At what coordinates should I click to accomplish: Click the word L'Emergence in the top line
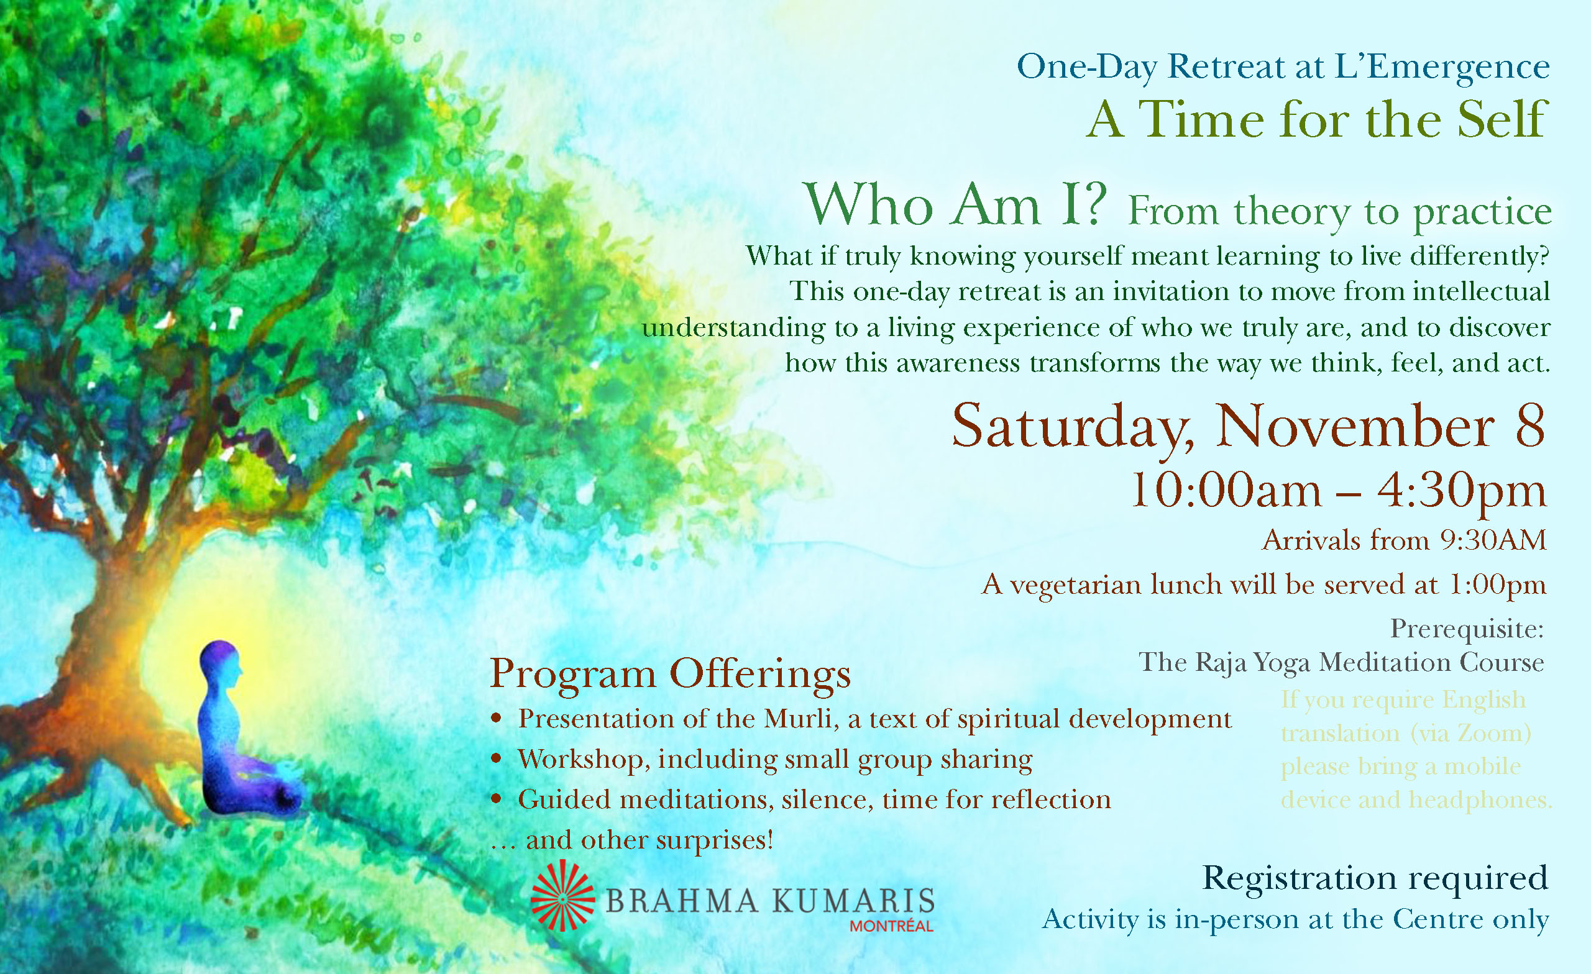pos(1441,67)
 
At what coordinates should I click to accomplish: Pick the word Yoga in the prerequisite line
pos(1282,663)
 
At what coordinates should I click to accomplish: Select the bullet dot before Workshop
pos(496,759)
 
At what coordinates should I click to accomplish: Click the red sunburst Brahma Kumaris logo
pos(562,895)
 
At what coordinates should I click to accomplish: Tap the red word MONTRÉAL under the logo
pos(892,926)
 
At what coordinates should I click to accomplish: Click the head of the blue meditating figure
pos(220,664)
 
